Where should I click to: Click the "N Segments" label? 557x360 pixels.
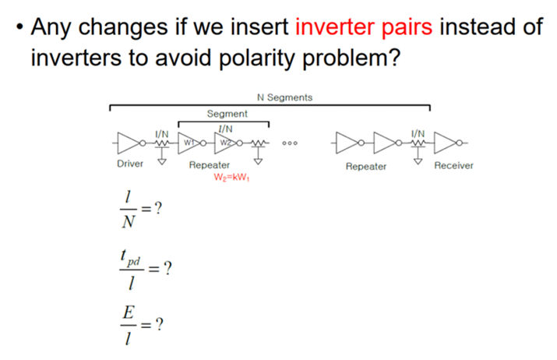[x=284, y=97]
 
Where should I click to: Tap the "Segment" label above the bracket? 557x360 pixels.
[x=227, y=114]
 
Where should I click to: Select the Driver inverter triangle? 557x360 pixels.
[x=127, y=143]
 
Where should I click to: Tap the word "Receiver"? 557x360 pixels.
[x=453, y=165]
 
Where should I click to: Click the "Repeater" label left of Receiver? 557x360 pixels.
[x=366, y=166]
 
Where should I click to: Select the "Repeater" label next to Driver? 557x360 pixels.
[x=210, y=165]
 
